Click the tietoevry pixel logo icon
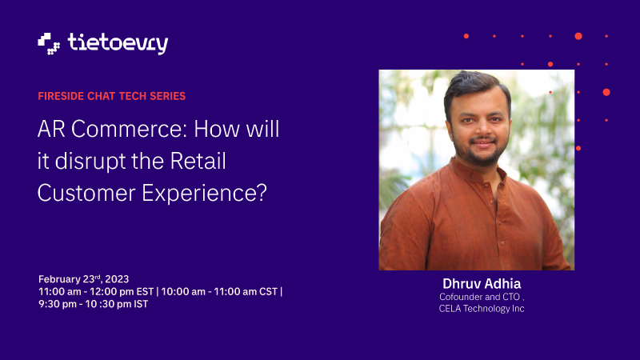click(49, 44)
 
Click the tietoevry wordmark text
click(118, 43)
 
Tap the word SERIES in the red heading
click(168, 96)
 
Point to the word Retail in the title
click(198, 161)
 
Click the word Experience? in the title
click(204, 194)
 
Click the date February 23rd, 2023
click(84, 279)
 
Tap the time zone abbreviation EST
click(145, 292)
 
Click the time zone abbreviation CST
click(269, 292)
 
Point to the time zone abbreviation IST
click(141, 305)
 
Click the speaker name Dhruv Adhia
click(482, 284)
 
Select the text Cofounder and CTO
click(479, 297)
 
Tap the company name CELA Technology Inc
click(482, 309)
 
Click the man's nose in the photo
click(482, 130)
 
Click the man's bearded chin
click(482, 158)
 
